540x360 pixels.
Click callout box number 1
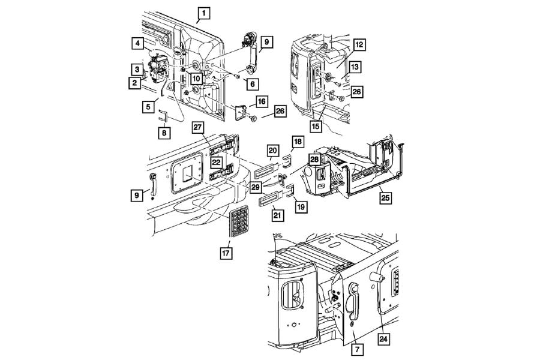tap(204, 13)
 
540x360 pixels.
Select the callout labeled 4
tap(137, 43)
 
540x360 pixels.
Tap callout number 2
tap(134, 83)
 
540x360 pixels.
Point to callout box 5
tap(148, 107)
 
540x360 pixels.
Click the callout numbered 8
tap(164, 132)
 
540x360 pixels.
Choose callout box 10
tap(196, 79)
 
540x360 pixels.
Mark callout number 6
tap(253, 84)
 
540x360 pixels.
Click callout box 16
tap(262, 101)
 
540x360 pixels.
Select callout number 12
tap(359, 45)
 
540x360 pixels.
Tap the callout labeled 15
tap(316, 126)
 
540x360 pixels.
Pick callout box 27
tap(197, 127)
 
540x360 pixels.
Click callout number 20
tap(273, 151)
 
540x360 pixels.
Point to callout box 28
tap(314, 159)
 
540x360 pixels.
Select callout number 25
tap(386, 198)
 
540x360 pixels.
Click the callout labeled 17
tap(226, 253)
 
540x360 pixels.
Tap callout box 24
tap(383, 339)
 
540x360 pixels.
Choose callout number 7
tap(357, 350)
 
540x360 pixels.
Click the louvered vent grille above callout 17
tap(239, 221)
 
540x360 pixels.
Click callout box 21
tap(278, 215)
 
